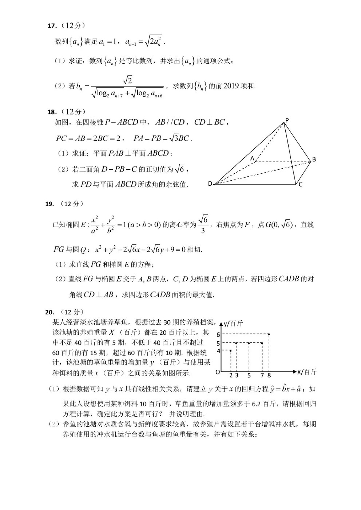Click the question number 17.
52,26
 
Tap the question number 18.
52,112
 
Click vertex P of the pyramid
287,120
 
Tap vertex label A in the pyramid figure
252,158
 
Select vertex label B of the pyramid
314,159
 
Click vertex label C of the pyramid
301,185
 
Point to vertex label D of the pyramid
210,184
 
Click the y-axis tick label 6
218,335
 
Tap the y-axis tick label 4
218,351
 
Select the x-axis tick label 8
269,376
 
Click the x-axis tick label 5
249,376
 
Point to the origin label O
218,372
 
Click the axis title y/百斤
233,323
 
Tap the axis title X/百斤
307,372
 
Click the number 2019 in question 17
231,86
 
